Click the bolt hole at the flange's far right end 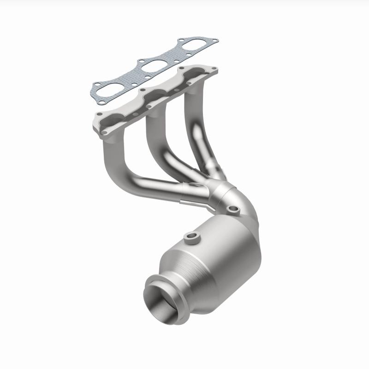pos(213,70)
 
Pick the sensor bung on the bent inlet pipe pos(233,210)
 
